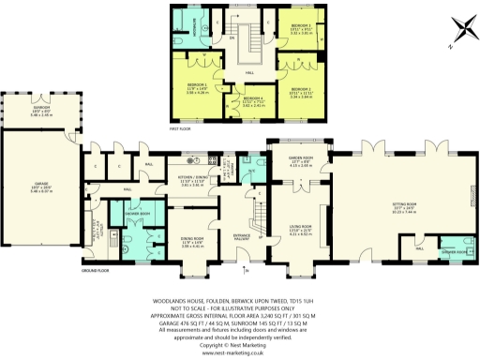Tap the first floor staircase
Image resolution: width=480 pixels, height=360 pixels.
point(250,41)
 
